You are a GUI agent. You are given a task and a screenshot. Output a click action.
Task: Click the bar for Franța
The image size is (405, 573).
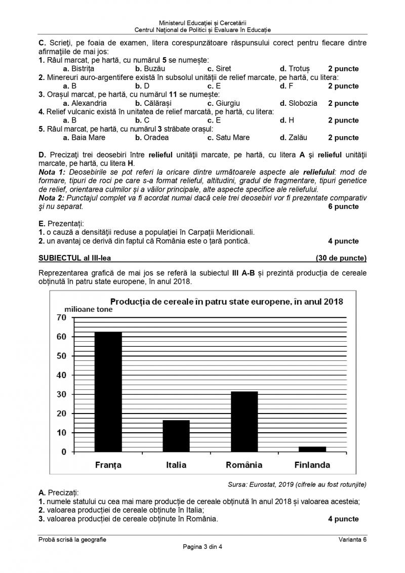click(x=108, y=391)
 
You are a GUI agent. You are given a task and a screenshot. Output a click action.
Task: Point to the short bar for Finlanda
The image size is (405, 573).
click(x=312, y=448)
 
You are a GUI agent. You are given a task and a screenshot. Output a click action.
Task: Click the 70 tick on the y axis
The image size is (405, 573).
click(x=61, y=317)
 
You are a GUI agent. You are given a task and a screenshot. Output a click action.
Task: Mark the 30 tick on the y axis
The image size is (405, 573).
click(x=61, y=394)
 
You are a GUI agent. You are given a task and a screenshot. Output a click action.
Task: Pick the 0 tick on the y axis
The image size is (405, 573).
click(x=64, y=452)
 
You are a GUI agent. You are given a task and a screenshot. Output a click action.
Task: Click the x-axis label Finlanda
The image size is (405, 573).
click(x=312, y=465)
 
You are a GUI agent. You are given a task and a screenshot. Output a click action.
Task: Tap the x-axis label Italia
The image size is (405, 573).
click(x=176, y=465)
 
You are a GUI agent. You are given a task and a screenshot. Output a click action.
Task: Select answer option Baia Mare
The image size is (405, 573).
click(x=84, y=137)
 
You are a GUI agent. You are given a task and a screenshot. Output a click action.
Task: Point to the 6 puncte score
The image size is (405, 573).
click(x=343, y=206)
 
